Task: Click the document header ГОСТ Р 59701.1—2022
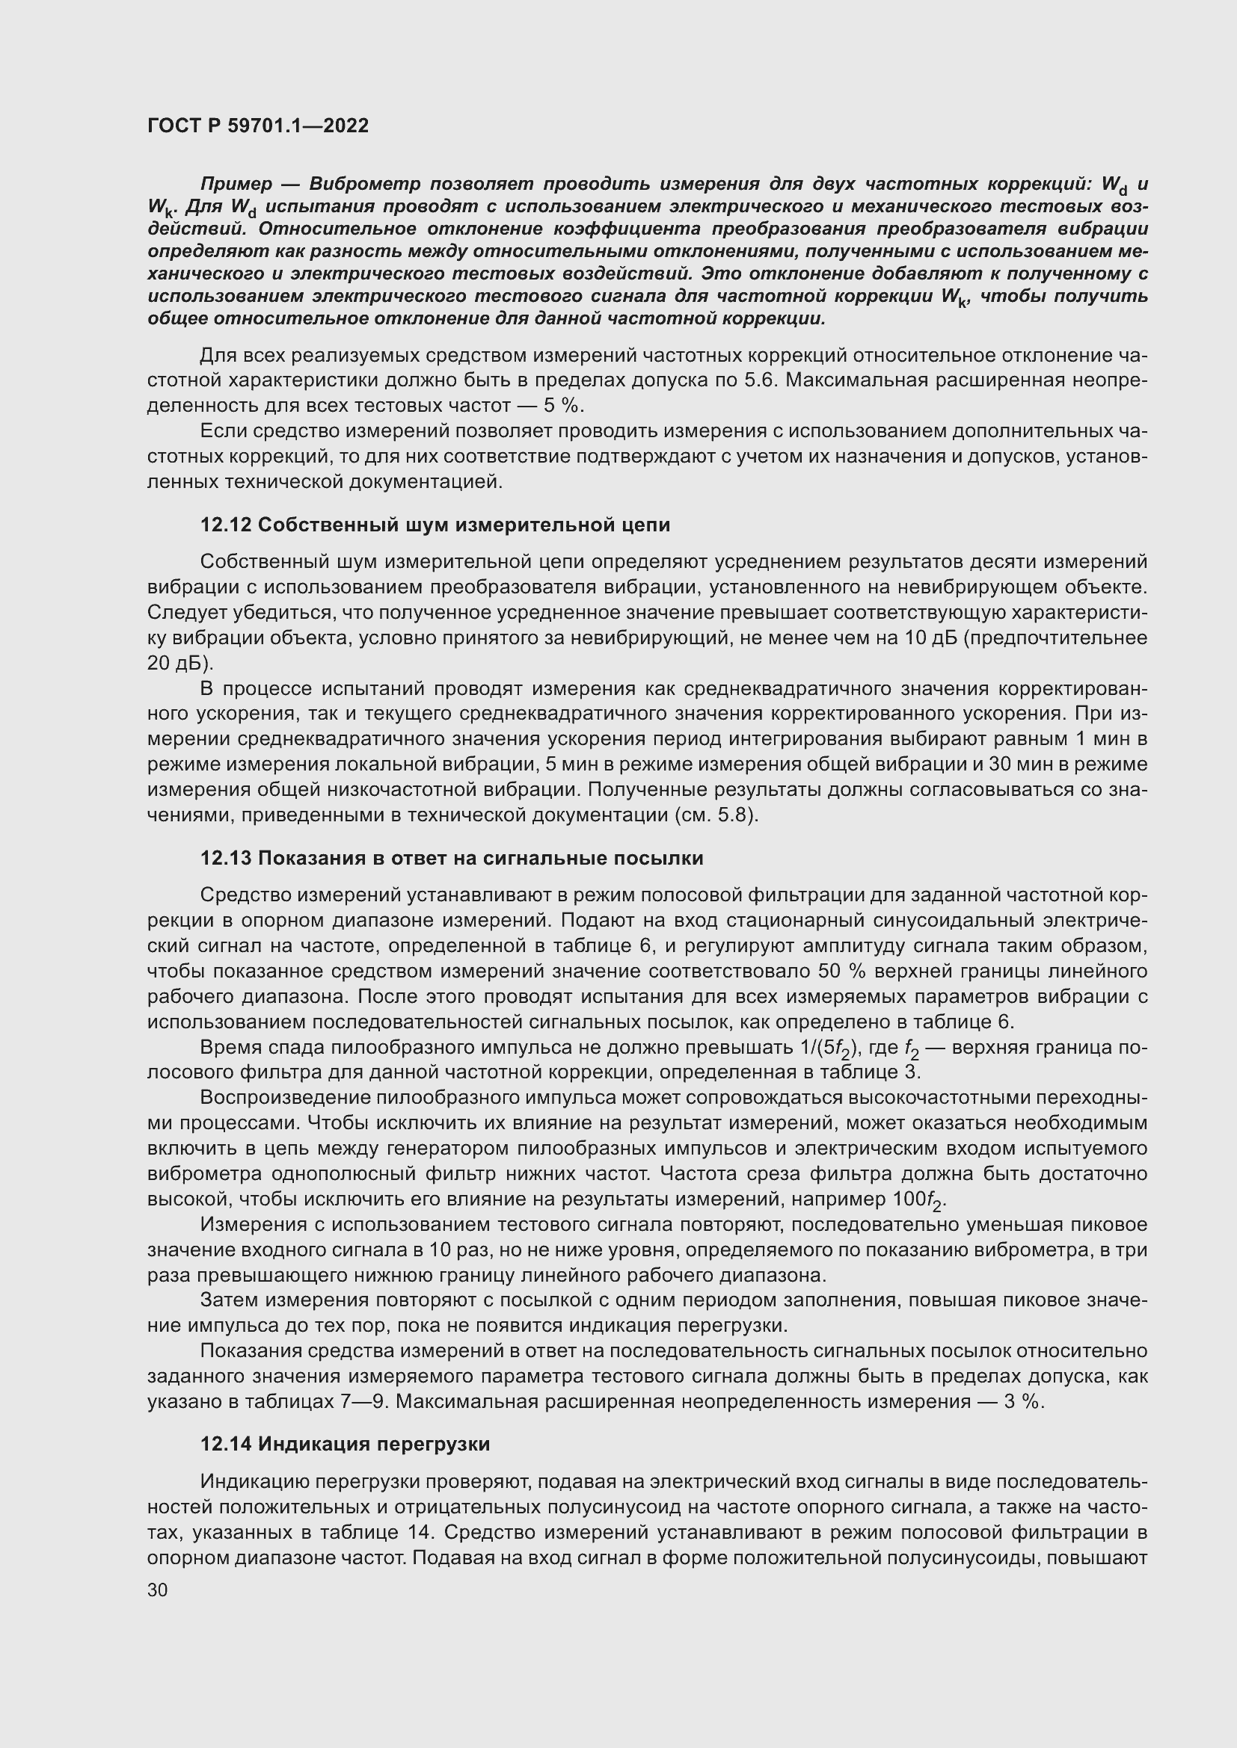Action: (257, 126)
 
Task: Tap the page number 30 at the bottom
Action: (157, 1590)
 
